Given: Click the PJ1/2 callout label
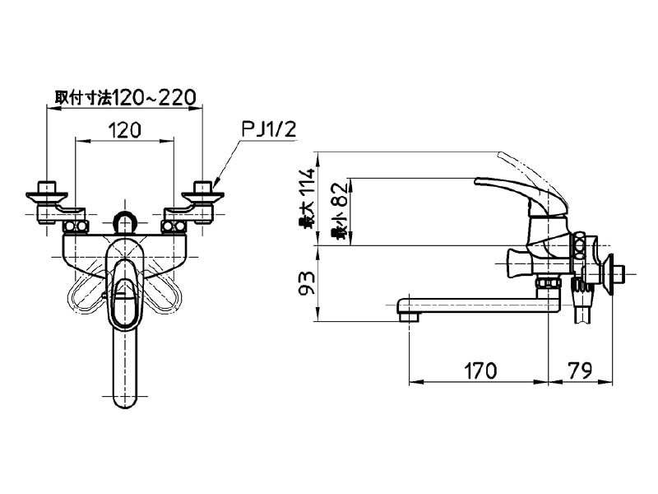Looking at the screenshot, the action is (x=269, y=130).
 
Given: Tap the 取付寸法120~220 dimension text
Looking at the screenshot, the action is (x=126, y=98).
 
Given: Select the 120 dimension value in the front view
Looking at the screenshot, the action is (x=125, y=130).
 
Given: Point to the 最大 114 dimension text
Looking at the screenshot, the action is (x=308, y=198).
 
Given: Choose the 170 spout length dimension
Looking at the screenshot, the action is (x=480, y=370).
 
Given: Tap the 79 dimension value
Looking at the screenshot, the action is (x=581, y=370).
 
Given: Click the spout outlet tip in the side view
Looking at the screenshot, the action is (x=408, y=316).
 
